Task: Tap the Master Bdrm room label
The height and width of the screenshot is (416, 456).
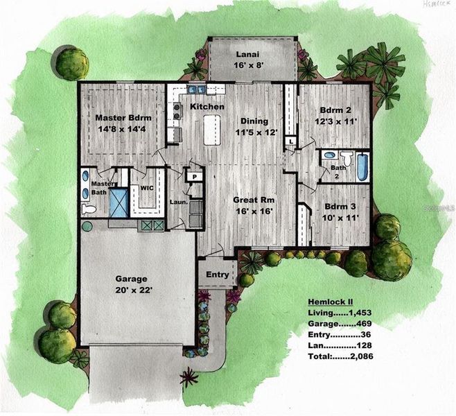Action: (123, 123)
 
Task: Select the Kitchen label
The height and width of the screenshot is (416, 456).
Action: (207, 107)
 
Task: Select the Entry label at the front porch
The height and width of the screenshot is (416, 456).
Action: (218, 275)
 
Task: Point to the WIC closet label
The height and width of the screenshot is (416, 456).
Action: (146, 187)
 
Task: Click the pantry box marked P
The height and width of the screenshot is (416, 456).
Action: (195, 176)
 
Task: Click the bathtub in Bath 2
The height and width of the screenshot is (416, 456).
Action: (362, 167)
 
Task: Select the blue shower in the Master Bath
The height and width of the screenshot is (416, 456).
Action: (119, 203)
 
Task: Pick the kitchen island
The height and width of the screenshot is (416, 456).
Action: (212, 130)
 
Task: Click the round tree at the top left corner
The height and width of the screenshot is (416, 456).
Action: (72, 63)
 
